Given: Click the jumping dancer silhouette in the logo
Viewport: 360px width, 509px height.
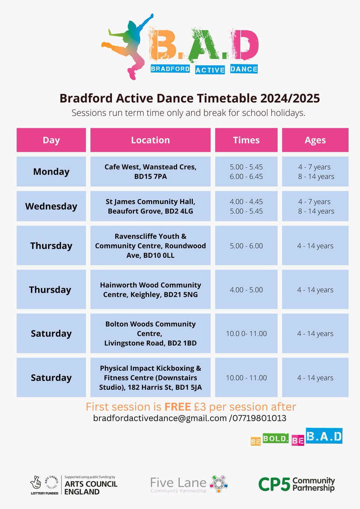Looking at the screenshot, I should (130, 45).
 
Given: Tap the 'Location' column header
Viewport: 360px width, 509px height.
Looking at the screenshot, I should (150, 140).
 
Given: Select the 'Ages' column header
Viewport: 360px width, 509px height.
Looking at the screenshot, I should (315, 140).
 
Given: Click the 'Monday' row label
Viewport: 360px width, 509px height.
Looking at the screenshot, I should (51, 172).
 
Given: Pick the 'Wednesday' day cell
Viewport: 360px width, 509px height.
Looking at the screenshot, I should (51, 207).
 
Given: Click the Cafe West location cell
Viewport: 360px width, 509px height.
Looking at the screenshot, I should (150, 172).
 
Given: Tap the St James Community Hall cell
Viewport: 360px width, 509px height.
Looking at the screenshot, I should (150, 207).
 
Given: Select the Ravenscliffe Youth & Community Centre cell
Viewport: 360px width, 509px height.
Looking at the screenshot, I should (150, 246).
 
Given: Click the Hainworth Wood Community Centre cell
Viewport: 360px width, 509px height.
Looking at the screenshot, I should (150, 290).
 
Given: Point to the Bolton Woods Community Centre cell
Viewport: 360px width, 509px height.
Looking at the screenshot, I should (150, 333).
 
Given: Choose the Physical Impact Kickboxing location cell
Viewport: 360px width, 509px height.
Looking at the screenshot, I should (150, 378).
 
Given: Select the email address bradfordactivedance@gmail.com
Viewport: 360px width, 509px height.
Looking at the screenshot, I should (159, 418).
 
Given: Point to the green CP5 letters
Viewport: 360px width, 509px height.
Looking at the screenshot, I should (274, 484).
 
